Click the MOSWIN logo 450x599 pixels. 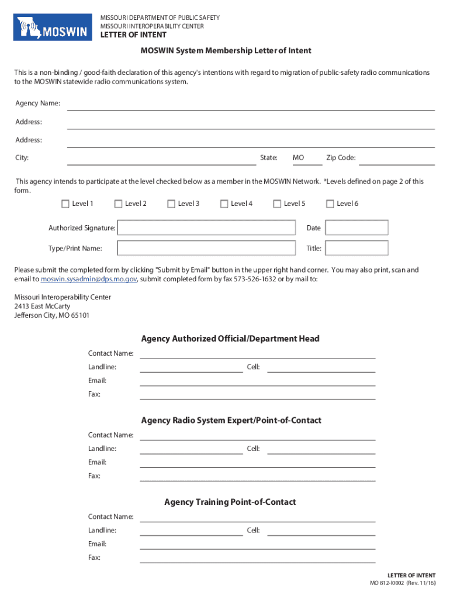(x=54, y=27)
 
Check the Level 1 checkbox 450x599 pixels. (x=65, y=204)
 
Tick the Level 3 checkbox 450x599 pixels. (x=171, y=204)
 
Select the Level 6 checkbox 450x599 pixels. (x=330, y=204)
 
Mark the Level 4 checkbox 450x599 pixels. (x=224, y=204)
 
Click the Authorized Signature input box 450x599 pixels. (x=206, y=228)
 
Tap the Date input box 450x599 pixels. (x=356, y=228)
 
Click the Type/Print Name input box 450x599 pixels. (x=206, y=248)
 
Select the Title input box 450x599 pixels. (x=356, y=248)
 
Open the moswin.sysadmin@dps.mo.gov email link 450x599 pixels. (x=89, y=280)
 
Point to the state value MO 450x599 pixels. (x=299, y=158)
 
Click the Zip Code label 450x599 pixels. (x=341, y=158)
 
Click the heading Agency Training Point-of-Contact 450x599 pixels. (x=230, y=502)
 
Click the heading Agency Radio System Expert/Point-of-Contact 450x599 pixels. (x=231, y=421)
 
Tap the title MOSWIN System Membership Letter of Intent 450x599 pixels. (x=226, y=51)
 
